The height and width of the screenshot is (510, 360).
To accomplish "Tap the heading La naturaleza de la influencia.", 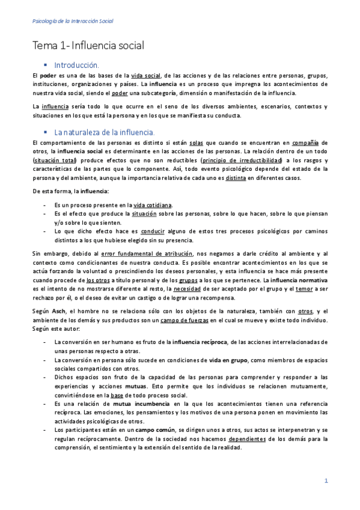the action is click(105, 132).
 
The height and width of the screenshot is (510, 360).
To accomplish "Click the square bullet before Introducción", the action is click(44, 64).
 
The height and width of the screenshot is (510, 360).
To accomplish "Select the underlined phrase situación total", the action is click(56, 162).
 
